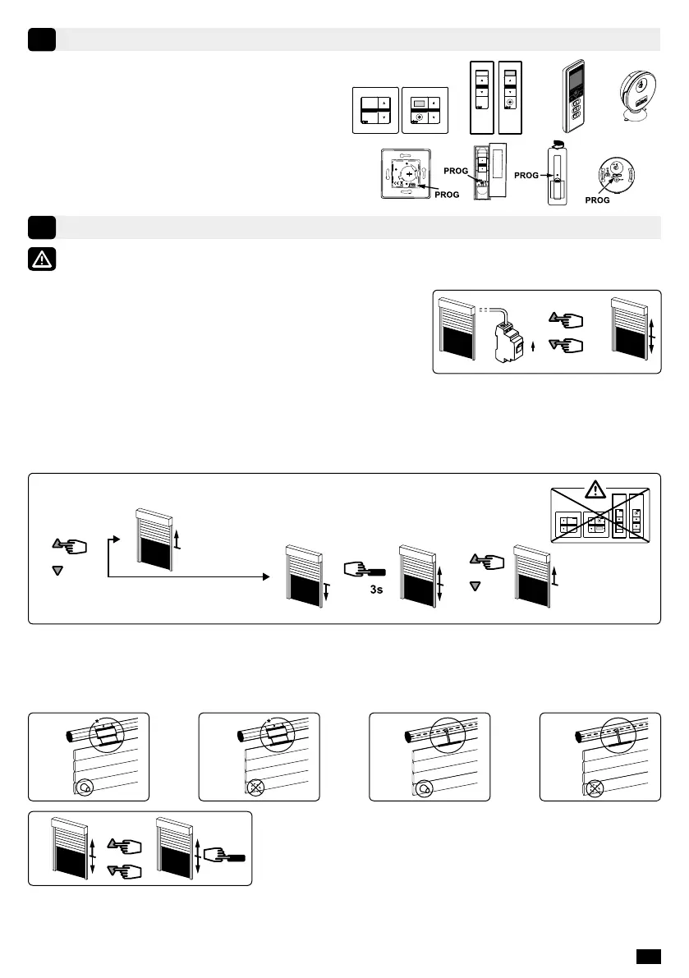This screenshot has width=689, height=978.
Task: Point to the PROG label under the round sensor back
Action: pos(597,200)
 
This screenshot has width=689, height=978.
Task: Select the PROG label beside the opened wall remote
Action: pos(456,170)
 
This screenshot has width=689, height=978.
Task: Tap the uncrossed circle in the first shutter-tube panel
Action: pos(86,786)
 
